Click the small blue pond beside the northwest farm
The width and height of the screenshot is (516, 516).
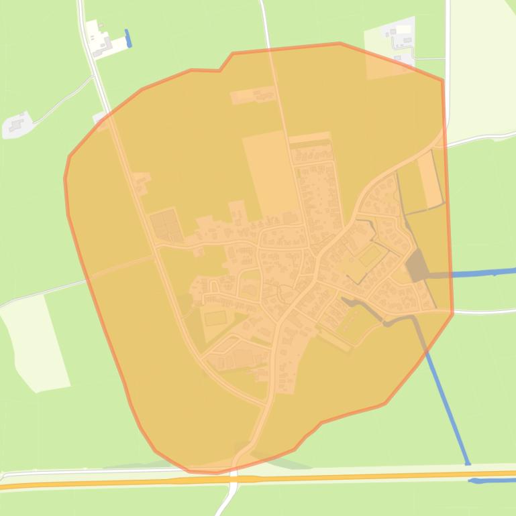(x=128, y=38)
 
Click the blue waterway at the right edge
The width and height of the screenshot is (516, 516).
(x=483, y=273)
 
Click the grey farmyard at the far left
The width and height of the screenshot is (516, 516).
(x=17, y=125)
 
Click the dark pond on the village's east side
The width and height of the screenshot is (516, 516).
(x=417, y=267)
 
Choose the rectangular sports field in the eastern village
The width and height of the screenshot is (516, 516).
(x=369, y=255)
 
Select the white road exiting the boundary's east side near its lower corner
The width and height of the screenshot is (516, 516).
(x=483, y=311)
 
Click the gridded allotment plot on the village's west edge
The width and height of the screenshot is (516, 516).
(x=166, y=225)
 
